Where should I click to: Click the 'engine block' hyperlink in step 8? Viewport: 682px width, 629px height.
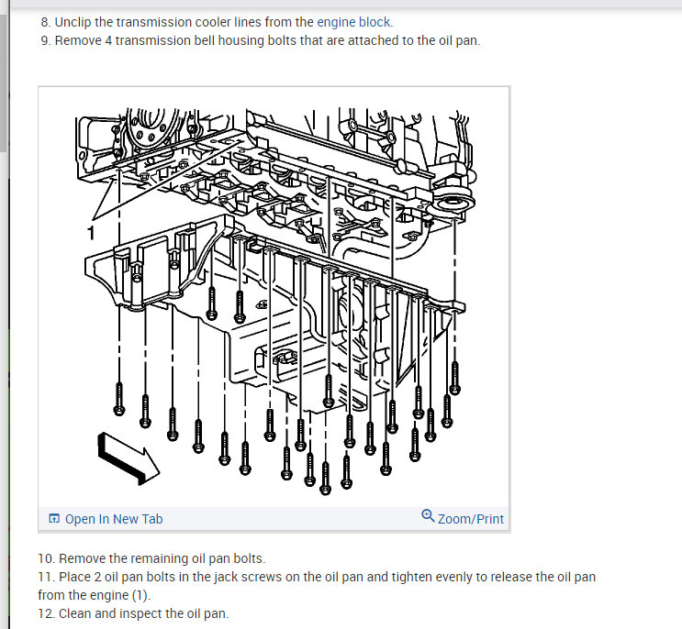(353, 22)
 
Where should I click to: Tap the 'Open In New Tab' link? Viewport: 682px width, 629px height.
(114, 519)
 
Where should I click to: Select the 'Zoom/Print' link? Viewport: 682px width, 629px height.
(471, 519)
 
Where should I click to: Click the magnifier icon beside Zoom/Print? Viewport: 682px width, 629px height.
(428, 515)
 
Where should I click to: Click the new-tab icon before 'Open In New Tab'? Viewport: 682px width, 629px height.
(54, 518)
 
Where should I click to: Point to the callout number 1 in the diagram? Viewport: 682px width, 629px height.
(91, 233)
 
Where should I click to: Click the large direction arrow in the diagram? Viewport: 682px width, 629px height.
(129, 458)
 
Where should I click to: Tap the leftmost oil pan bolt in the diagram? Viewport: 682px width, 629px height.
(118, 399)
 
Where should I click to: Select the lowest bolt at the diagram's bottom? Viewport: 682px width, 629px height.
(325, 479)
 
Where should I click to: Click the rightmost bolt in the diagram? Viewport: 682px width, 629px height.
(454, 378)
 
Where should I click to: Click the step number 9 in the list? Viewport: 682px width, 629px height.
(46, 41)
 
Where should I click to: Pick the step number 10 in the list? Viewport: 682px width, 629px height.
(45, 558)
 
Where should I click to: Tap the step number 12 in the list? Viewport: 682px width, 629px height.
(45, 613)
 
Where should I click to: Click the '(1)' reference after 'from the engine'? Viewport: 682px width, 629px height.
(141, 596)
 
